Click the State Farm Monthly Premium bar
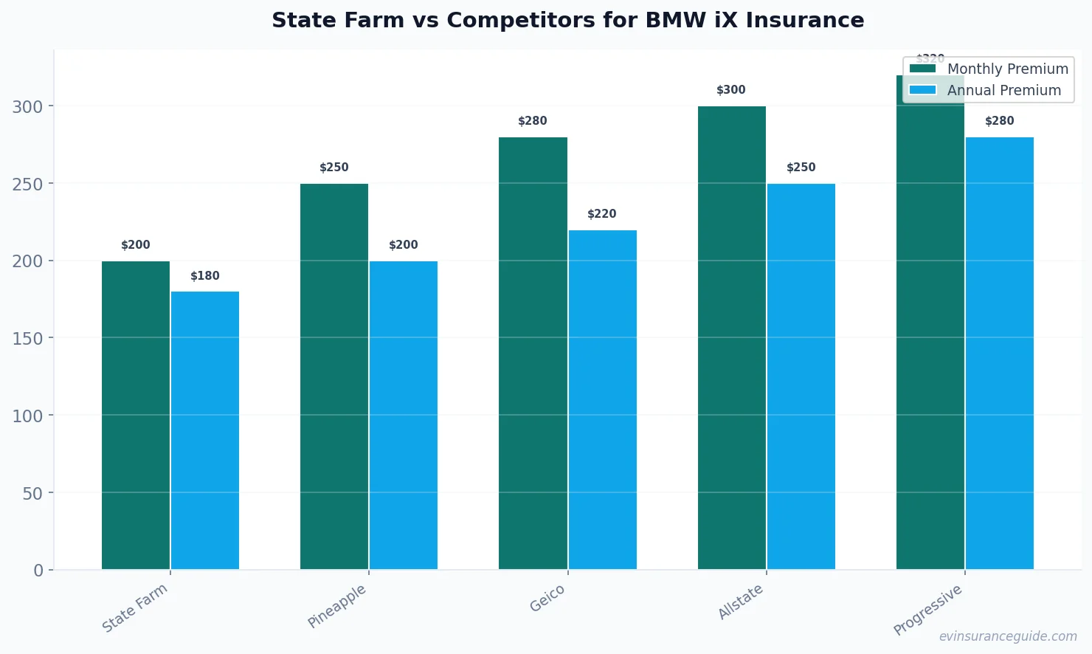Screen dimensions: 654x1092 coord(136,415)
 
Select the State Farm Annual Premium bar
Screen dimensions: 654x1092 coord(205,430)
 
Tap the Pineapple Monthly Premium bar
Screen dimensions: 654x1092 coord(334,376)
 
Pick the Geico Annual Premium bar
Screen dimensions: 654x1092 coord(602,399)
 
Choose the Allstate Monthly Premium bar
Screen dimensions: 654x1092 coord(731,337)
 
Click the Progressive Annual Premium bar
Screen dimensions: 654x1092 coord(999,353)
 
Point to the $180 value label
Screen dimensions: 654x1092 coord(205,276)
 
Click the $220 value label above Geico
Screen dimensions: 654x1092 coord(602,214)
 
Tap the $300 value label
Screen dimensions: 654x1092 coord(731,90)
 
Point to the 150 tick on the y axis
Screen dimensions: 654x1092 coord(27,338)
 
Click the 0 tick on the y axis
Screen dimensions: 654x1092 coord(38,570)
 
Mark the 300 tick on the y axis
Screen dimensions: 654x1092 coord(27,106)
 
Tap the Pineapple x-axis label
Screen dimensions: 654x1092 coord(337,606)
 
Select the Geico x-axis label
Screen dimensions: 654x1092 coord(547,598)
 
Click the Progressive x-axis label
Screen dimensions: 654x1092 coord(927,610)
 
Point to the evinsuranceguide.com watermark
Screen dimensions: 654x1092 coord(1008,636)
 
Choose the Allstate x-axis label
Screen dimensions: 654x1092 coord(741,602)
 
